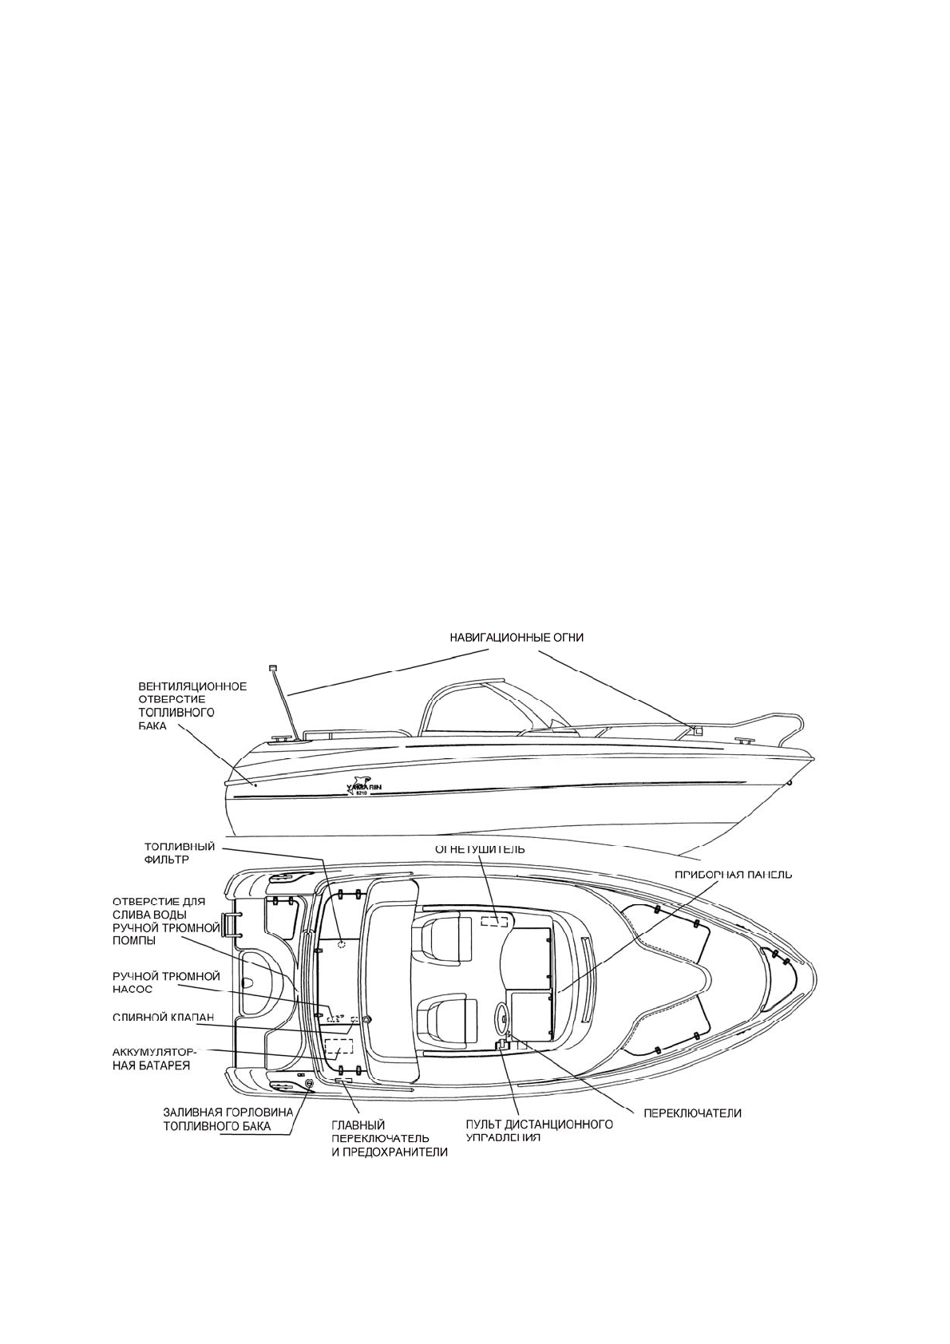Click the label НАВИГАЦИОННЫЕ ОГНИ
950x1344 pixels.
(515, 637)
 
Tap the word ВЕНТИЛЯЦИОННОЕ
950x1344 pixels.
(192, 686)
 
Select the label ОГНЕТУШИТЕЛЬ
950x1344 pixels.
(479, 849)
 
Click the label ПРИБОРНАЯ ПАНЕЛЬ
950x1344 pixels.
(734, 874)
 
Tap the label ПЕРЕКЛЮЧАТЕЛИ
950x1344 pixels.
(693, 1113)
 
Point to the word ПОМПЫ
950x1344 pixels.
(134, 940)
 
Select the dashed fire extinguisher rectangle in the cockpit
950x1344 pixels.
(494, 921)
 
